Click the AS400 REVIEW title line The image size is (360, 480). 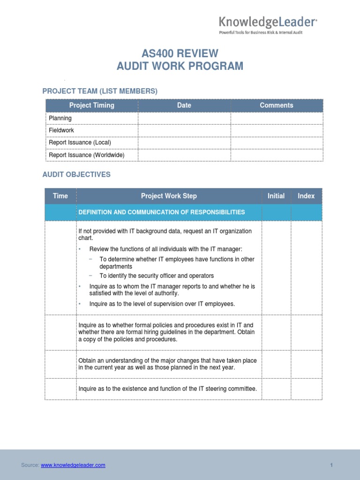(x=180, y=53)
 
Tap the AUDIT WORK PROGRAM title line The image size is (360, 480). (x=180, y=66)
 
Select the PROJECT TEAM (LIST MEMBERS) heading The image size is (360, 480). (x=100, y=91)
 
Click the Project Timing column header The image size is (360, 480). (x=91, y=105)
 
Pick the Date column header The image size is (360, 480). (x=184, y=105)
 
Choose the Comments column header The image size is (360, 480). (x=277, y=105)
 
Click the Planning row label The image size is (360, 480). (x=60, y=118)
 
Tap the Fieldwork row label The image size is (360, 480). (x=61, y=130)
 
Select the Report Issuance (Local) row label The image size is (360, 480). (x=80, y=142)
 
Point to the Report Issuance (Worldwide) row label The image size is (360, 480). (x=86, y=155)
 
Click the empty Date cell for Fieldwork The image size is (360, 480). (x=184, y=130)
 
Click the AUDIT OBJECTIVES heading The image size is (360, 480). (x=76, y=174)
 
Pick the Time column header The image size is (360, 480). (x=60, y=196)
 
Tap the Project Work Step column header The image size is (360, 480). (x=169, y=196)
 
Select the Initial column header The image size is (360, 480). (x=276, y=196)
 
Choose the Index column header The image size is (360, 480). (x=306, y=196)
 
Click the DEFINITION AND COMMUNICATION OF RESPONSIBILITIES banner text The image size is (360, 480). (x=162, y=212)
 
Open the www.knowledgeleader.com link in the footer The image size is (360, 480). (x=73, y=465)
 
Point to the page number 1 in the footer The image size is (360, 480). (x=331, y=465)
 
